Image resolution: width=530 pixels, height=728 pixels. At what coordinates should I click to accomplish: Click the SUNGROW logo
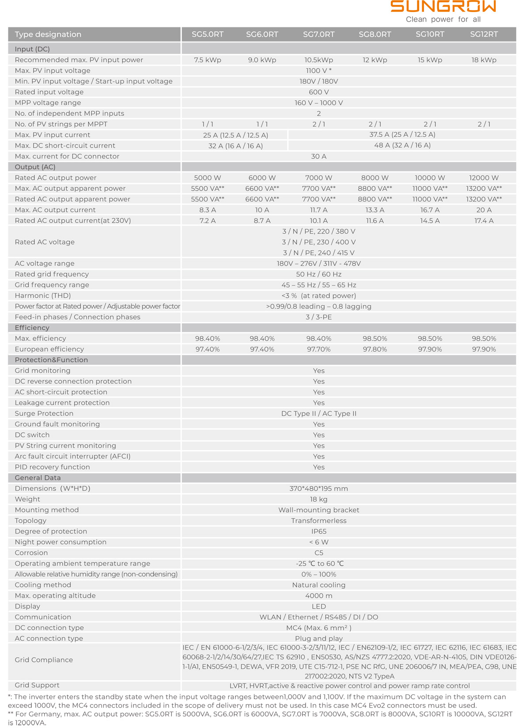point(443,7)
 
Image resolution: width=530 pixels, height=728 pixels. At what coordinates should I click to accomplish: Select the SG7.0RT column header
point(318,34)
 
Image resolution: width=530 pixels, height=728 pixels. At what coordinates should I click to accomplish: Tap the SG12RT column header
point(484,34)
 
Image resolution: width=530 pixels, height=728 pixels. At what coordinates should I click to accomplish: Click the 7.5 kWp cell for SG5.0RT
point(208,60)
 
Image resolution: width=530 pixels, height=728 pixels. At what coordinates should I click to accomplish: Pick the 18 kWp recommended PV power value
point(484,60)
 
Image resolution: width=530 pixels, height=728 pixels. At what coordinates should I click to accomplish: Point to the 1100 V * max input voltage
point(318,71)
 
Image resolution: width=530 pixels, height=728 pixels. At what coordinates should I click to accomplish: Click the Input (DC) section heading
point(32,49)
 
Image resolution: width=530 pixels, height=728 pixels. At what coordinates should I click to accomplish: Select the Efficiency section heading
point(32,328)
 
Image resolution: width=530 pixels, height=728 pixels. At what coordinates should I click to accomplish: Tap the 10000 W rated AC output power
point(430,178)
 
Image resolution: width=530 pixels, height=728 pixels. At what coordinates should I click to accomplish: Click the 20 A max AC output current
point(484,210)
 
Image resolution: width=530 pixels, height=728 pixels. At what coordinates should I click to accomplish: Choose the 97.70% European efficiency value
point(318,349)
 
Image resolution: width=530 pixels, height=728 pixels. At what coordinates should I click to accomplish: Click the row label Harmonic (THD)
point(43,296)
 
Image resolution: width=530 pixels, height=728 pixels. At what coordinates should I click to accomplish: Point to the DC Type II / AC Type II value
point(318,414)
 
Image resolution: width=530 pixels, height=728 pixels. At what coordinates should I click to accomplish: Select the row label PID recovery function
point(52,467)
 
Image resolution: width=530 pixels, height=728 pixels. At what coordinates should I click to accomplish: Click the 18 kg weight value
point(318,499)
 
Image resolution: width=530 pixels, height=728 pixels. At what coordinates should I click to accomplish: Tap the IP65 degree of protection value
point(318,531)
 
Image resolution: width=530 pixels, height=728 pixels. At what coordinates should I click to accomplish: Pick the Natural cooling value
point(318,585)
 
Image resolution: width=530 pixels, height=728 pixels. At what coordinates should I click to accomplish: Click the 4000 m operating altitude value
point(318,596)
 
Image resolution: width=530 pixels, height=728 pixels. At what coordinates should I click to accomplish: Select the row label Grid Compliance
point(44,660)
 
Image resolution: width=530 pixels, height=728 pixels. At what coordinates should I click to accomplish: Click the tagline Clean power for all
point(443,19)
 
